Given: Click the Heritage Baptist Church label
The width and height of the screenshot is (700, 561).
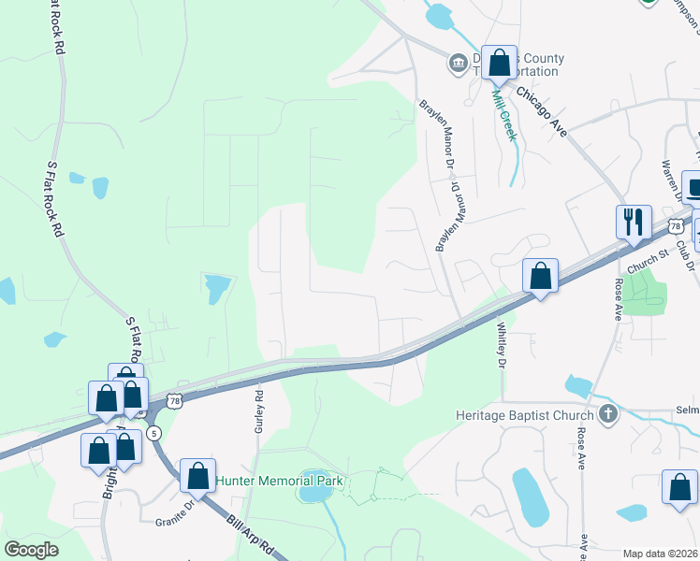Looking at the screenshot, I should point(524,415).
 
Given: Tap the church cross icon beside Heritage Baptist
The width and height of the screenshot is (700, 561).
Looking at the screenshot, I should point(607,414).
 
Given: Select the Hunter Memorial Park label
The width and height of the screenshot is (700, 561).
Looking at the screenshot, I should point(281,482).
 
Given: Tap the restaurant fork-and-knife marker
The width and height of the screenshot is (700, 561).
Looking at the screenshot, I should point(634,223).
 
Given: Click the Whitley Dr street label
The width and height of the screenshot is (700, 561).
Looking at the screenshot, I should point(501,344).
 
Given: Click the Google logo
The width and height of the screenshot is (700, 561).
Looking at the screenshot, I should point(32,550).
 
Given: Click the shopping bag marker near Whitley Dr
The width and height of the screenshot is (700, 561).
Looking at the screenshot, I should point(540,277).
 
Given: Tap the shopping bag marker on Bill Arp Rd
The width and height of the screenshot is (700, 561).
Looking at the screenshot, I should point(197,476).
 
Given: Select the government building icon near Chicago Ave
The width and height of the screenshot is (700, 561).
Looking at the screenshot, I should point(458,64).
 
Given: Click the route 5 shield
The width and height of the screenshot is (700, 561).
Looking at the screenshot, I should point(154,433).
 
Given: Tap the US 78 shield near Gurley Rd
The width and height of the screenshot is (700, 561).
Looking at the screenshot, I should point(173,401).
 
